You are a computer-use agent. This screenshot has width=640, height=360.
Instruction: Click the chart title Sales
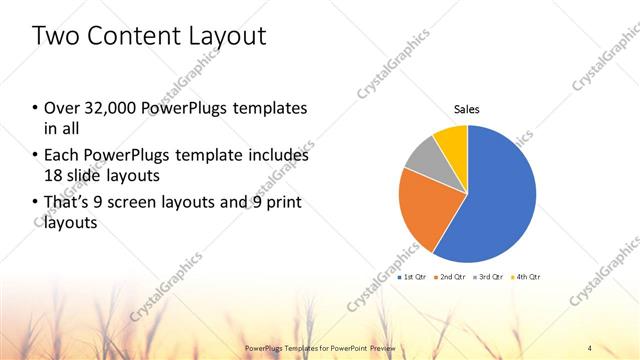(467, 109)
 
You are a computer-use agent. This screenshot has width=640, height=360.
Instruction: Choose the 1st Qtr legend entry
(413, 276)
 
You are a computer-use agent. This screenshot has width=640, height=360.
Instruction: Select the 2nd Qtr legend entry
(452, 276)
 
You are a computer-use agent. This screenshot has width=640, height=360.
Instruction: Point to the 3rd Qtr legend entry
(489, 276)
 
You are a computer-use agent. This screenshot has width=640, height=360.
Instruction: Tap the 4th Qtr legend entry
(527, 276)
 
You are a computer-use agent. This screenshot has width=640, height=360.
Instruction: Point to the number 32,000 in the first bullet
(106, 108)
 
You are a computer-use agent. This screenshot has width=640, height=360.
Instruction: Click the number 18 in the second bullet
(52, 175)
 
